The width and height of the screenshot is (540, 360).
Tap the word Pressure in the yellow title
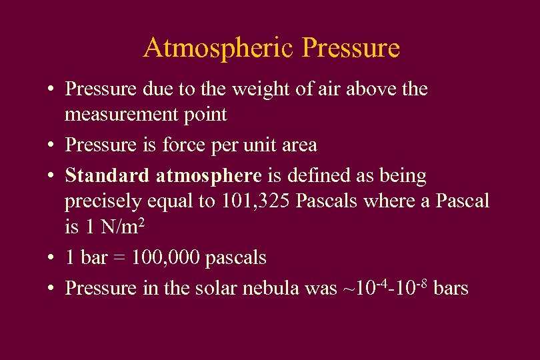(351, 48)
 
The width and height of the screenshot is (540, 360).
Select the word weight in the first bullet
(259, 89)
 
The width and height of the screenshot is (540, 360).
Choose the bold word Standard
(107, 176)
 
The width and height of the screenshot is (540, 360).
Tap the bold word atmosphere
(209, 176)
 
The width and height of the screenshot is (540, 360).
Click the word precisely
(103, 201)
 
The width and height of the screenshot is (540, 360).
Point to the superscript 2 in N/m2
(141, 222)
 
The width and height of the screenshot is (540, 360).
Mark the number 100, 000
(165, 257)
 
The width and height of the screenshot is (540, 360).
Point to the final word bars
(451, 288)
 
